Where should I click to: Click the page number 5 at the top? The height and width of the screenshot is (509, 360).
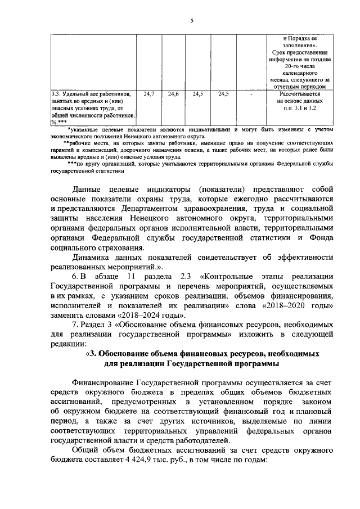click(x=191, y=21)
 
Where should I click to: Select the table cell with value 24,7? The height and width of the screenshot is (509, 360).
click(x=148, y=93)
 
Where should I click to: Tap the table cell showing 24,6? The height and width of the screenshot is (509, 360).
click(x=173, y=93)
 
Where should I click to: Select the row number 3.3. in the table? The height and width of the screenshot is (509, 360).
click(x=57, y=94)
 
